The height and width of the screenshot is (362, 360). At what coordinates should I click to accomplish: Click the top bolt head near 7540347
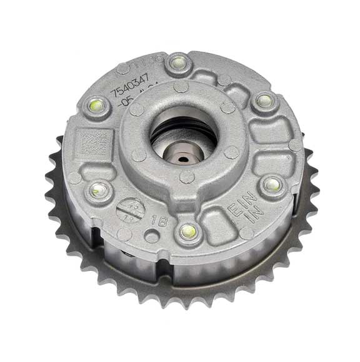(179, 62)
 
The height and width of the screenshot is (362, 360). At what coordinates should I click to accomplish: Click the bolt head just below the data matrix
(97, 190)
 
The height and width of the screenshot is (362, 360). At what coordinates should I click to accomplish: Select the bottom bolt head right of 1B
(188, 232)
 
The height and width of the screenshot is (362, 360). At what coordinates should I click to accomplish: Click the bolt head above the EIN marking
(272, 184)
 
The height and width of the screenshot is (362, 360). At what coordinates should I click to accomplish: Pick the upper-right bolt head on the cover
(264, 100)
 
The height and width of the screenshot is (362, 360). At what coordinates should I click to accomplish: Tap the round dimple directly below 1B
(152, 238)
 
